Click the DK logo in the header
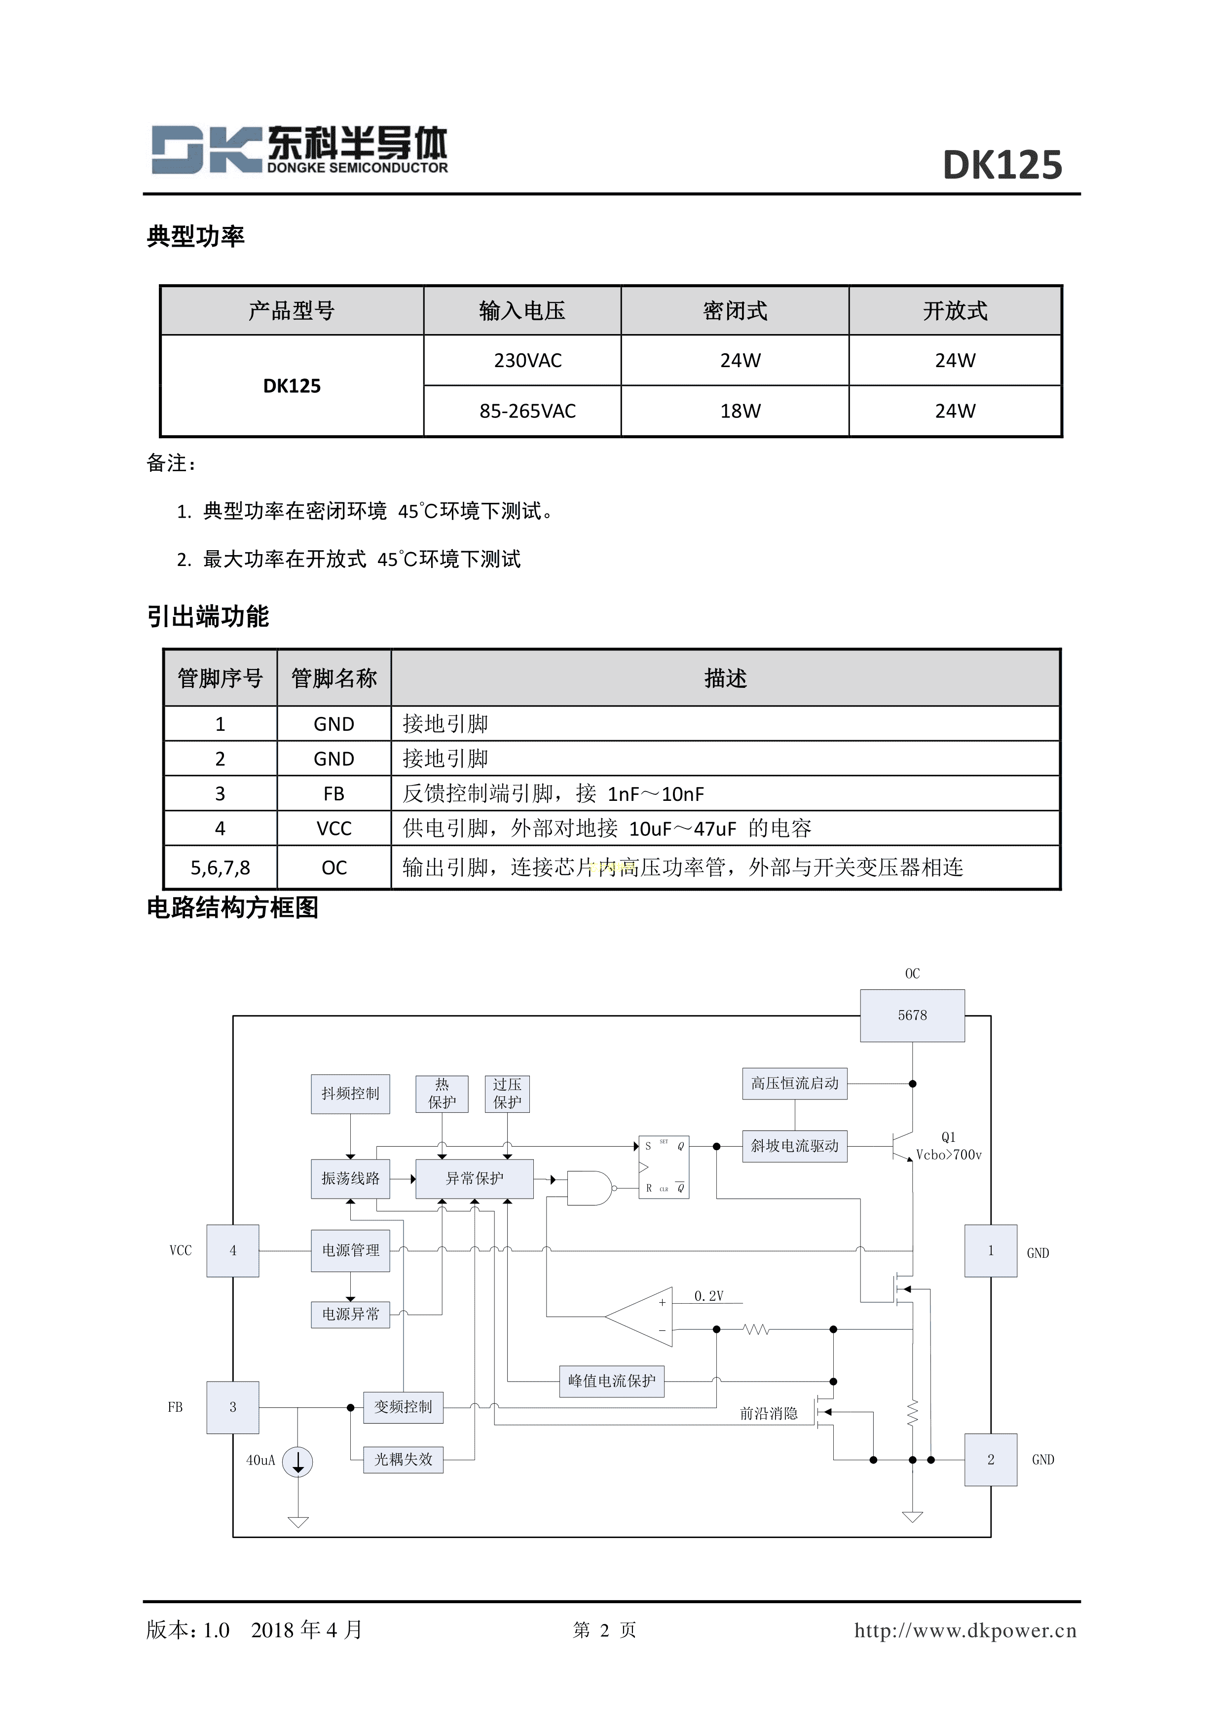[x=205, y=150]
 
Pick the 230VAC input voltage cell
[x=527, y=360]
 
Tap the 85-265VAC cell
[x=527, y=411]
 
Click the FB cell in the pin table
[x=334, y=794]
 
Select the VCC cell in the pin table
[x=334, y=828]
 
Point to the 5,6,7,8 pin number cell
[x=220, y=868]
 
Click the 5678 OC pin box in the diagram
[x=912, y=1016]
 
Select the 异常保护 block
[x=475, y=1178]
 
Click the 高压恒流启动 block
[x=794, y=1084]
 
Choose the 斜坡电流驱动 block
[x=794, y=1146]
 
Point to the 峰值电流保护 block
[x=611, y=1381]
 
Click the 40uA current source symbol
[x=297, y=1462]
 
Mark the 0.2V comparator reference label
[x=708, y=1296]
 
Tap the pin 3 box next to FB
[x=233, y=1407]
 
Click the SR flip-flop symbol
[x=663, y=1167]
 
